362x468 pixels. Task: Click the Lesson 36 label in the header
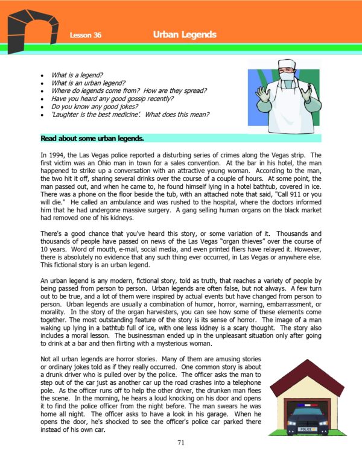tap(85, 36)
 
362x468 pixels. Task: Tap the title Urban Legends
tap(185, 34)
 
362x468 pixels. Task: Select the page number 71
tap(181, 443)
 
